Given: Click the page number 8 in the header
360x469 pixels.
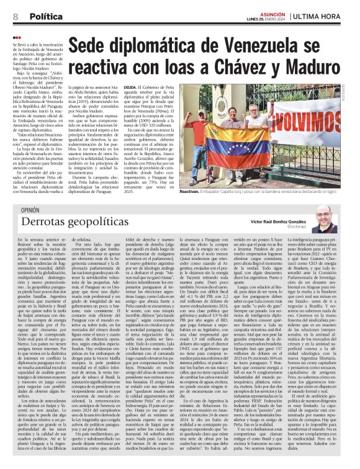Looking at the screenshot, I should (x=15, y=17).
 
